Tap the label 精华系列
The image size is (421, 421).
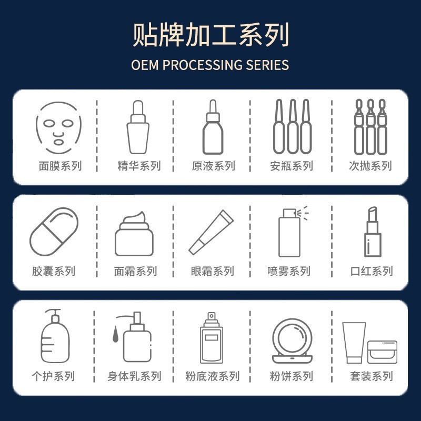tap(138, 166)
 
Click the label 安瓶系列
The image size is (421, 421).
tap(291, 166)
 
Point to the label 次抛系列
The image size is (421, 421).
tap(370, 166)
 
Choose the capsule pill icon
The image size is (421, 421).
tap(54, 232)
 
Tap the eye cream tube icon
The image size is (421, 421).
tap(212, 232)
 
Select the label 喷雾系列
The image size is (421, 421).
tap(289, 272)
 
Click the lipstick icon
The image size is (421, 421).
tap(373, 232)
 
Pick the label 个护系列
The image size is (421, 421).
tap(53, 377)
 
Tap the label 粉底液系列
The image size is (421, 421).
tap(212, 377)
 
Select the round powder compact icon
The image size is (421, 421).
tap(292, 339)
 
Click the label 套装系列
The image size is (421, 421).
tap(371, 377)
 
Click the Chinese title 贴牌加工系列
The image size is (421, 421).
tap(210, 35)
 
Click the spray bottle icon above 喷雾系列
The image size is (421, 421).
tap(290, 232)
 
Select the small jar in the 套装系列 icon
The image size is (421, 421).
tap(382, 352)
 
